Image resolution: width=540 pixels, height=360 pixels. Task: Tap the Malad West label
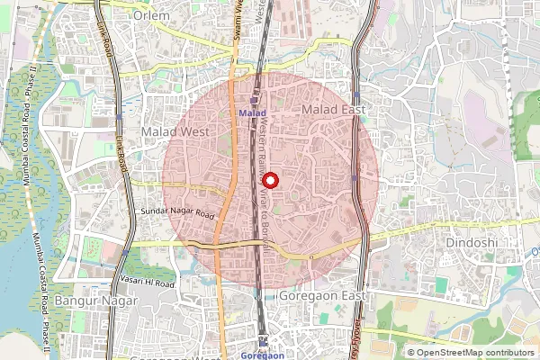pyautogui.click(x=175, y=131)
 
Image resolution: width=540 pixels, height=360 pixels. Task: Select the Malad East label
pyautogui.click(x=333, y=110)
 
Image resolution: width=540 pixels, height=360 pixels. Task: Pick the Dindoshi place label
pyautogui.click(x=471, y=243)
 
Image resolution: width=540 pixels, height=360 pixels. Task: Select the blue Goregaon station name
pyautogui.click(x=263, y=355)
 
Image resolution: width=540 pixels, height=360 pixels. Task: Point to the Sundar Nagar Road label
pyautogui.click(x=177, y=213)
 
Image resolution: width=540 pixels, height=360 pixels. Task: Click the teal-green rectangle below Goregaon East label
pyautogui.click(x=441, y=284)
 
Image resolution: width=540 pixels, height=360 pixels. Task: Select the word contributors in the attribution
pyautogui.click(x=508, y=353)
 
